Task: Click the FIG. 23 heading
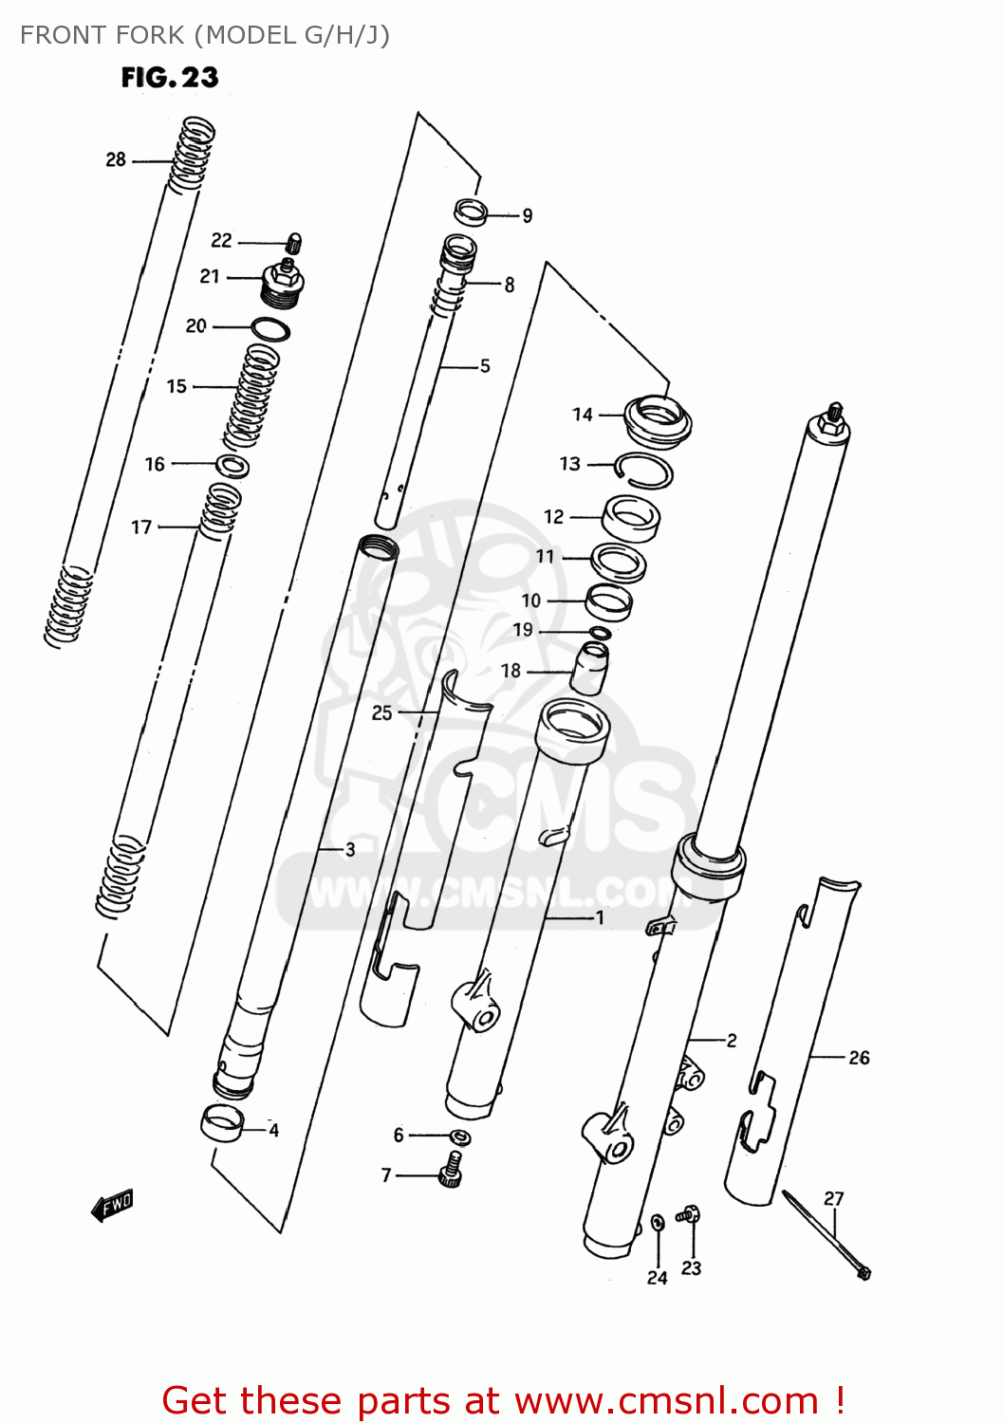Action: click(x=170, y=78)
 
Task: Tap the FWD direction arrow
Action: click(x=112, y=1206)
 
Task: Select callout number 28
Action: click(x=116, y=160)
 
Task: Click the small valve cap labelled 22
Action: click(x=294, y=243)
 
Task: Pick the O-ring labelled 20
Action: click(x=270, y=330)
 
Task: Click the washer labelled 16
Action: click(x=232, y=466)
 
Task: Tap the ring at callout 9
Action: click(x=472, y=213)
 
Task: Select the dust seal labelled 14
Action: click(x=658, y=418)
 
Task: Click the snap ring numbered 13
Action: click(x=645, y=470)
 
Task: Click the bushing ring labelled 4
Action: click(x=223, y=1123)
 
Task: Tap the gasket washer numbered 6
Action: click(x=460, y=1137)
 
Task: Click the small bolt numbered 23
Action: click(x=689, y=1214)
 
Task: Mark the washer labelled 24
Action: click(x=658, y=1223)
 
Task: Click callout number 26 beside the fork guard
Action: click(x=859, y=1058)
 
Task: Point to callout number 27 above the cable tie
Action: click(x=833, y=1199)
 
